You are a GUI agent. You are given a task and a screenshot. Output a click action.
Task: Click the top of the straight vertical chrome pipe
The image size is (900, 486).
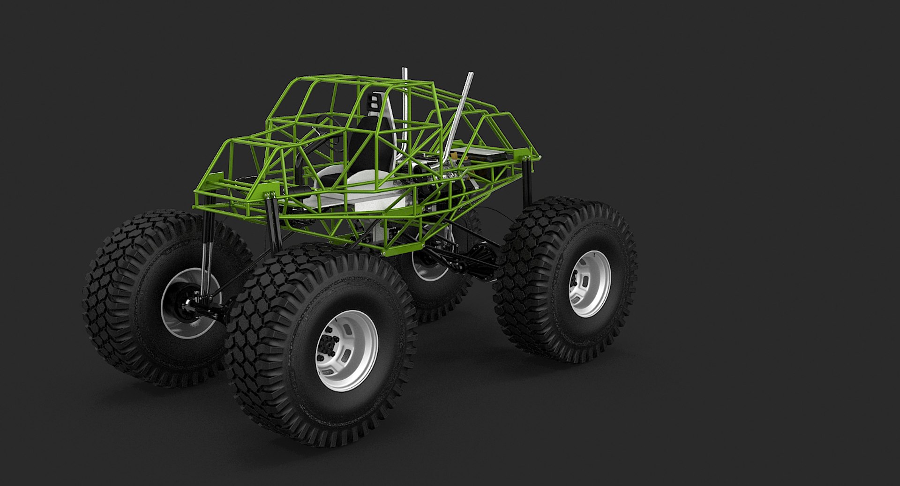coord(404,70)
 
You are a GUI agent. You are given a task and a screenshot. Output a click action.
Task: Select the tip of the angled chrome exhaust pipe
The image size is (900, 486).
coord(470,74)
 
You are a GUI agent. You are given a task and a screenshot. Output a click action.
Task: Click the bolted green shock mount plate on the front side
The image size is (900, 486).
coord(269,194)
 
